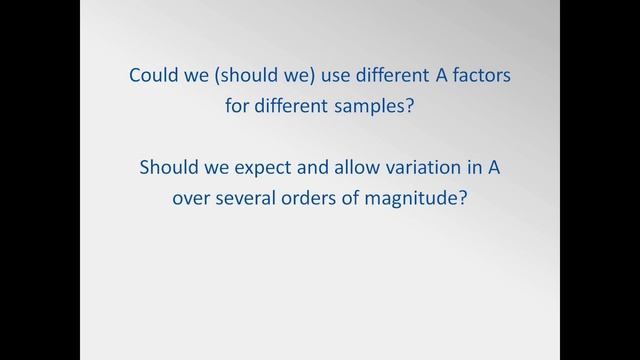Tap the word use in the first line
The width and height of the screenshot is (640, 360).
(328, 75)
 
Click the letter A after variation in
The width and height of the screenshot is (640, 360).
(492, 167)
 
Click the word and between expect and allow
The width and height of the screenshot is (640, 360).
(297, 167)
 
